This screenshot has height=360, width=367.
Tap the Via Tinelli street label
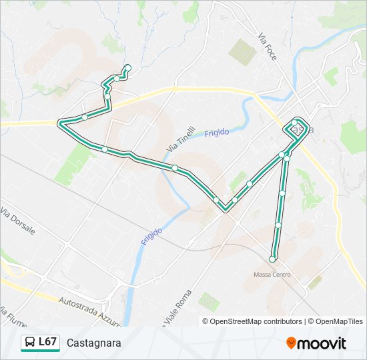point(181,139)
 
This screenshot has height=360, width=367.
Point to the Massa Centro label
point(272,275)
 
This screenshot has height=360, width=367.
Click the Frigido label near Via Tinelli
point(217,133)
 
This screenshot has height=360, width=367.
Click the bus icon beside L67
point(29,343)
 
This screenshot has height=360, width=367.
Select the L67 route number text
point(47,342)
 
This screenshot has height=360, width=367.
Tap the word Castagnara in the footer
point(93,343)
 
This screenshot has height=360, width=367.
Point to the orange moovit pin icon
point(292,343)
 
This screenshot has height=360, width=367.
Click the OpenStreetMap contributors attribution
point(256,321)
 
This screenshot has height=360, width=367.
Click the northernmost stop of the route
point(127,67)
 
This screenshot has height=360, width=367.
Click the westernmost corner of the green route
point(60,123)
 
